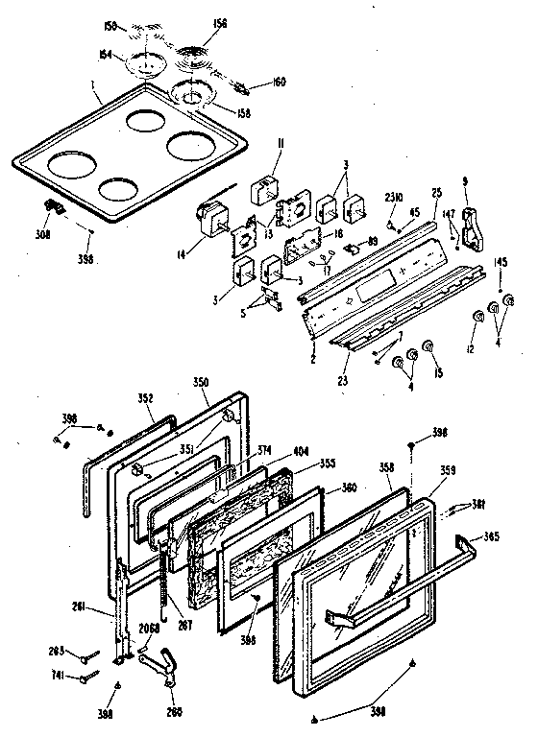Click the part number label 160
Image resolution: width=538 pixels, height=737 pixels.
[253, 83]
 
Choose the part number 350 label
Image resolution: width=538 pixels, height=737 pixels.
[201, 382]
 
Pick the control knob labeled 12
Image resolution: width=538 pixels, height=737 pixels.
[477, 318]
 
